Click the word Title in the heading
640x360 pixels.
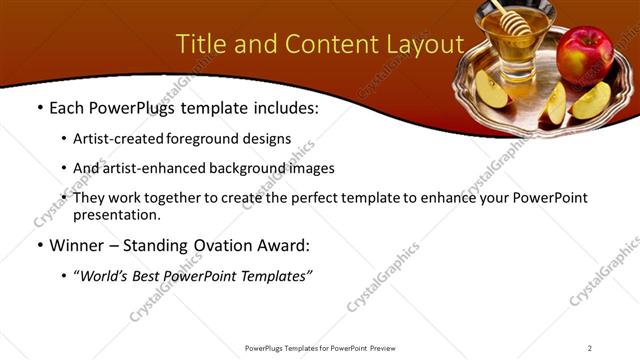(x=201, y=44)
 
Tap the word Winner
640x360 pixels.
(x=79, y=245)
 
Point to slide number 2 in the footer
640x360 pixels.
(x=590, y=348)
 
